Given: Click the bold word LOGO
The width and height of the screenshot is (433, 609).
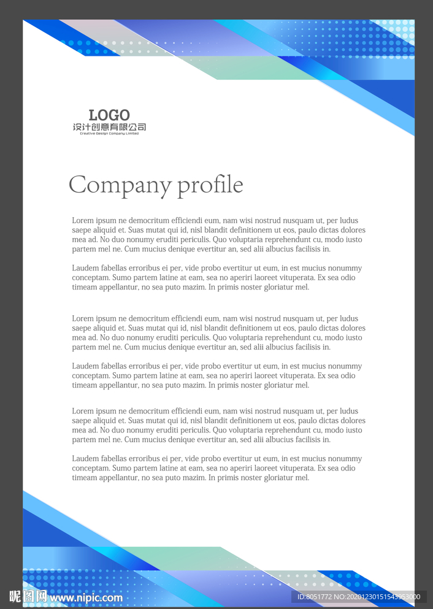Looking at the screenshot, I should tap(109, 115).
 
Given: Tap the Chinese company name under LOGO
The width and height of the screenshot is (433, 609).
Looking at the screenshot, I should tap(109, 127).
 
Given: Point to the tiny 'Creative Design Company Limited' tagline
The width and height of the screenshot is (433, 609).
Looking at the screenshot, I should tap(109, 134).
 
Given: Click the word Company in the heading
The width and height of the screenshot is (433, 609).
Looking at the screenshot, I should tap(120, 185).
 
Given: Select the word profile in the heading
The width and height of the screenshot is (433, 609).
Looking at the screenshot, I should tap(210, 185).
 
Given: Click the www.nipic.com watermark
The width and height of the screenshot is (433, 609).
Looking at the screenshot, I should tap(86, 597).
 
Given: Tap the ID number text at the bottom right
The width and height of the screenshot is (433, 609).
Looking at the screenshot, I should tap(358, 597).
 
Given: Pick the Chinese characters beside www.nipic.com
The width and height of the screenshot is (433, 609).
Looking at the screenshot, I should tap(28, 596).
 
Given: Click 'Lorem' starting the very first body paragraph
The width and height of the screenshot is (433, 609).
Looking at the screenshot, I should tap(82, 221).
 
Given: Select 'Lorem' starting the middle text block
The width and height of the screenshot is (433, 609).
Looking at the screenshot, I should tap(82, 319).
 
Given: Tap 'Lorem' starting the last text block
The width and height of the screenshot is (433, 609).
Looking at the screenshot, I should tap(82, 412).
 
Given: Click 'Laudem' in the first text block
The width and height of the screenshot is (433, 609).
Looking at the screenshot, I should tap(85, 268).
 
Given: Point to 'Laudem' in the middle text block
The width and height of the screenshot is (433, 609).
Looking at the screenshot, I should tap(85, 366).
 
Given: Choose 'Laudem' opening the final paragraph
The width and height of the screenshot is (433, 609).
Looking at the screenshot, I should tap(85, 459).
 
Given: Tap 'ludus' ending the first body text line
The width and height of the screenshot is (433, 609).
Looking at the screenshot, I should tap(349, 221).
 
